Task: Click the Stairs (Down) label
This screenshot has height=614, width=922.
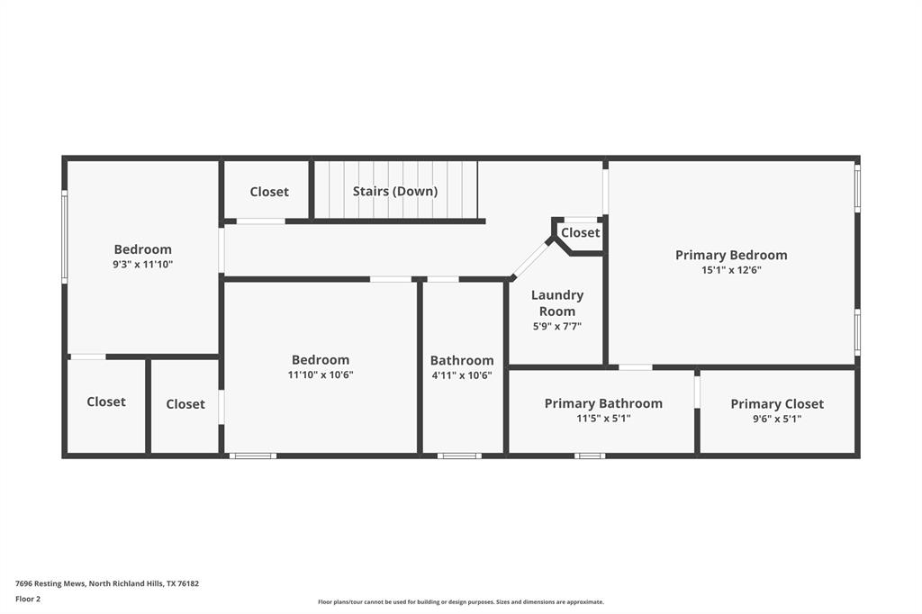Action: click(394, 191)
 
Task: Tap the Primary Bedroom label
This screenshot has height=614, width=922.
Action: click(731, 255)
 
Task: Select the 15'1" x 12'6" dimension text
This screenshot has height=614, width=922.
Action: click(731, 270)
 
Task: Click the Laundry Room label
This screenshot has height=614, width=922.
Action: click(556, 302)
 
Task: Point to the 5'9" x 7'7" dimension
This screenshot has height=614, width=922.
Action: click(556, 327)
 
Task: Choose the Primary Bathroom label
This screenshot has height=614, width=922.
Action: click(603, 403)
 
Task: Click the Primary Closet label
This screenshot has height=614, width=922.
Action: click(777, 404)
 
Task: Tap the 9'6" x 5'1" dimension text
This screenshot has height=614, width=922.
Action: click(777, 419)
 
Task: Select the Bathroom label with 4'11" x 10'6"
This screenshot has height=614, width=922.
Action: click(462, 360)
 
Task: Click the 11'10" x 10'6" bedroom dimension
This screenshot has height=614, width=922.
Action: click(321, 375)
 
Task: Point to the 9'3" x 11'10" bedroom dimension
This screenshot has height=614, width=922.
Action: click(142, 265)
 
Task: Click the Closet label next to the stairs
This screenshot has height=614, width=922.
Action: click(269, 192)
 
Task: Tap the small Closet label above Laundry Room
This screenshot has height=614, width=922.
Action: click(580, 232)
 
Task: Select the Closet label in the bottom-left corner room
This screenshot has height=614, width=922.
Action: click(106, 402)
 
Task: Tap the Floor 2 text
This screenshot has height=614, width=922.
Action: click(28, 599)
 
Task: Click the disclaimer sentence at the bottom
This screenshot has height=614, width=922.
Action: click(460, 602)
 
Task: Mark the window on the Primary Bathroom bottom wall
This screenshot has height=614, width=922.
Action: click(590, 456)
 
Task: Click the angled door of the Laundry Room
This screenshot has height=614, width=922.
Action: click(531, 259)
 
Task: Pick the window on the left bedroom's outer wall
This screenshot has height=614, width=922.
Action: click(64, 237)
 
